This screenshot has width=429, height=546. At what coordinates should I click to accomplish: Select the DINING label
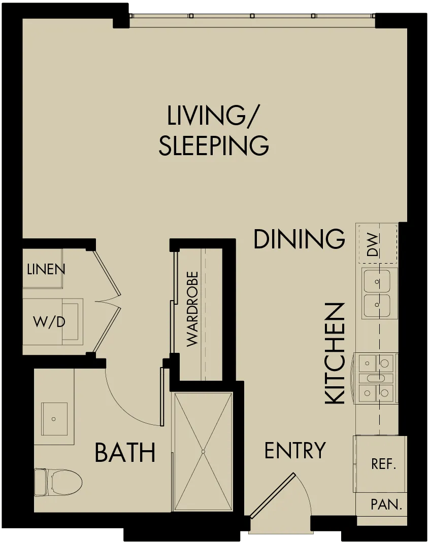(x=299, y=239)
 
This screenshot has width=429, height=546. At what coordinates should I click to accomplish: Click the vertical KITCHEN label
(x=335, y=353)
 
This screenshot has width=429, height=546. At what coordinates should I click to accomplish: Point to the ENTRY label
(x=295, y=451)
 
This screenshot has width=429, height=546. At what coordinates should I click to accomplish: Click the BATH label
(x=125, y=453)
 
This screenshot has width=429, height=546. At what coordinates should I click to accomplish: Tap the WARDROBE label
(x=192, y=309)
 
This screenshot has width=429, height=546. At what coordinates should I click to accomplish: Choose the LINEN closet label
(x=46, y=269)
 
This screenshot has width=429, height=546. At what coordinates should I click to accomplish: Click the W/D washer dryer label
(x=49, y=322)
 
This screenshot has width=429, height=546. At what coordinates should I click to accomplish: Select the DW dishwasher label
(x=373, y=245)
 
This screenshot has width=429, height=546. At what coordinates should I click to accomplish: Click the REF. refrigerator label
(x=383, y=464)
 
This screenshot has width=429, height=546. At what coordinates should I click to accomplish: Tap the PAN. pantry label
(x=386, y=504)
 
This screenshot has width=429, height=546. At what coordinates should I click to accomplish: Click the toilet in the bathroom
(x=58, y=483)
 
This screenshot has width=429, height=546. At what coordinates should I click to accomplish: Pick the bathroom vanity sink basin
(x=54, y=419)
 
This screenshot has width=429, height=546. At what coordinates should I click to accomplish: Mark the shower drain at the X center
(x=203, y=452)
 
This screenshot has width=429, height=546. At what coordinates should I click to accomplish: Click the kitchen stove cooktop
(x=376, y=378)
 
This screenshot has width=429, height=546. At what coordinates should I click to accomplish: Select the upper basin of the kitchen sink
(x=377, y=281)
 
